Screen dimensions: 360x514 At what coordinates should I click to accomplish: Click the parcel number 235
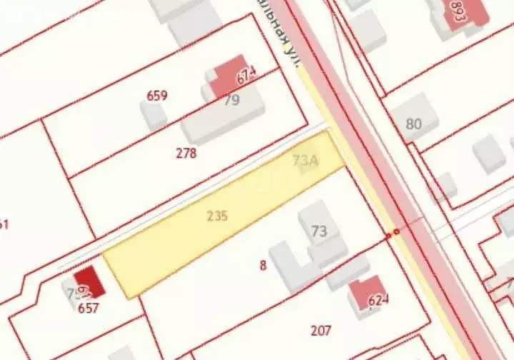[x=217, y=215]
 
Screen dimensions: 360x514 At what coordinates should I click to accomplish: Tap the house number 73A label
[x=305, y=161]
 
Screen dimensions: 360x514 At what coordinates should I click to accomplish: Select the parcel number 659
[x=157, y=96]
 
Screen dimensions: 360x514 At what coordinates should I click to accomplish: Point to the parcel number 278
[x=186, y=152]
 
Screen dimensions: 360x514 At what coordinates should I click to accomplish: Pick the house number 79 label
[x=232, y=100]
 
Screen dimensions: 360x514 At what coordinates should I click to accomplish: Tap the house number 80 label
[x=413, y=124]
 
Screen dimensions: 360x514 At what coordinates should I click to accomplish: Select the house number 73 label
[x=319, y=231]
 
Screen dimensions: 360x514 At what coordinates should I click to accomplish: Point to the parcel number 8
[x=263, y=266]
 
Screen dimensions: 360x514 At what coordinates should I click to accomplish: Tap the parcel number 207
[x=321, y=330]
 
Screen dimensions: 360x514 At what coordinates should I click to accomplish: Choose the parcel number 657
[x=89, y=309]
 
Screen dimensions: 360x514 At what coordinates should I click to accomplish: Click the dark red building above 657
[x=89, y=283]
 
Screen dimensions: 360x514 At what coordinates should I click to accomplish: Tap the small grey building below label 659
[x=154, y=116]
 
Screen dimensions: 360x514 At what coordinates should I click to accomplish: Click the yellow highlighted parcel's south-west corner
[x=129, y=297]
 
